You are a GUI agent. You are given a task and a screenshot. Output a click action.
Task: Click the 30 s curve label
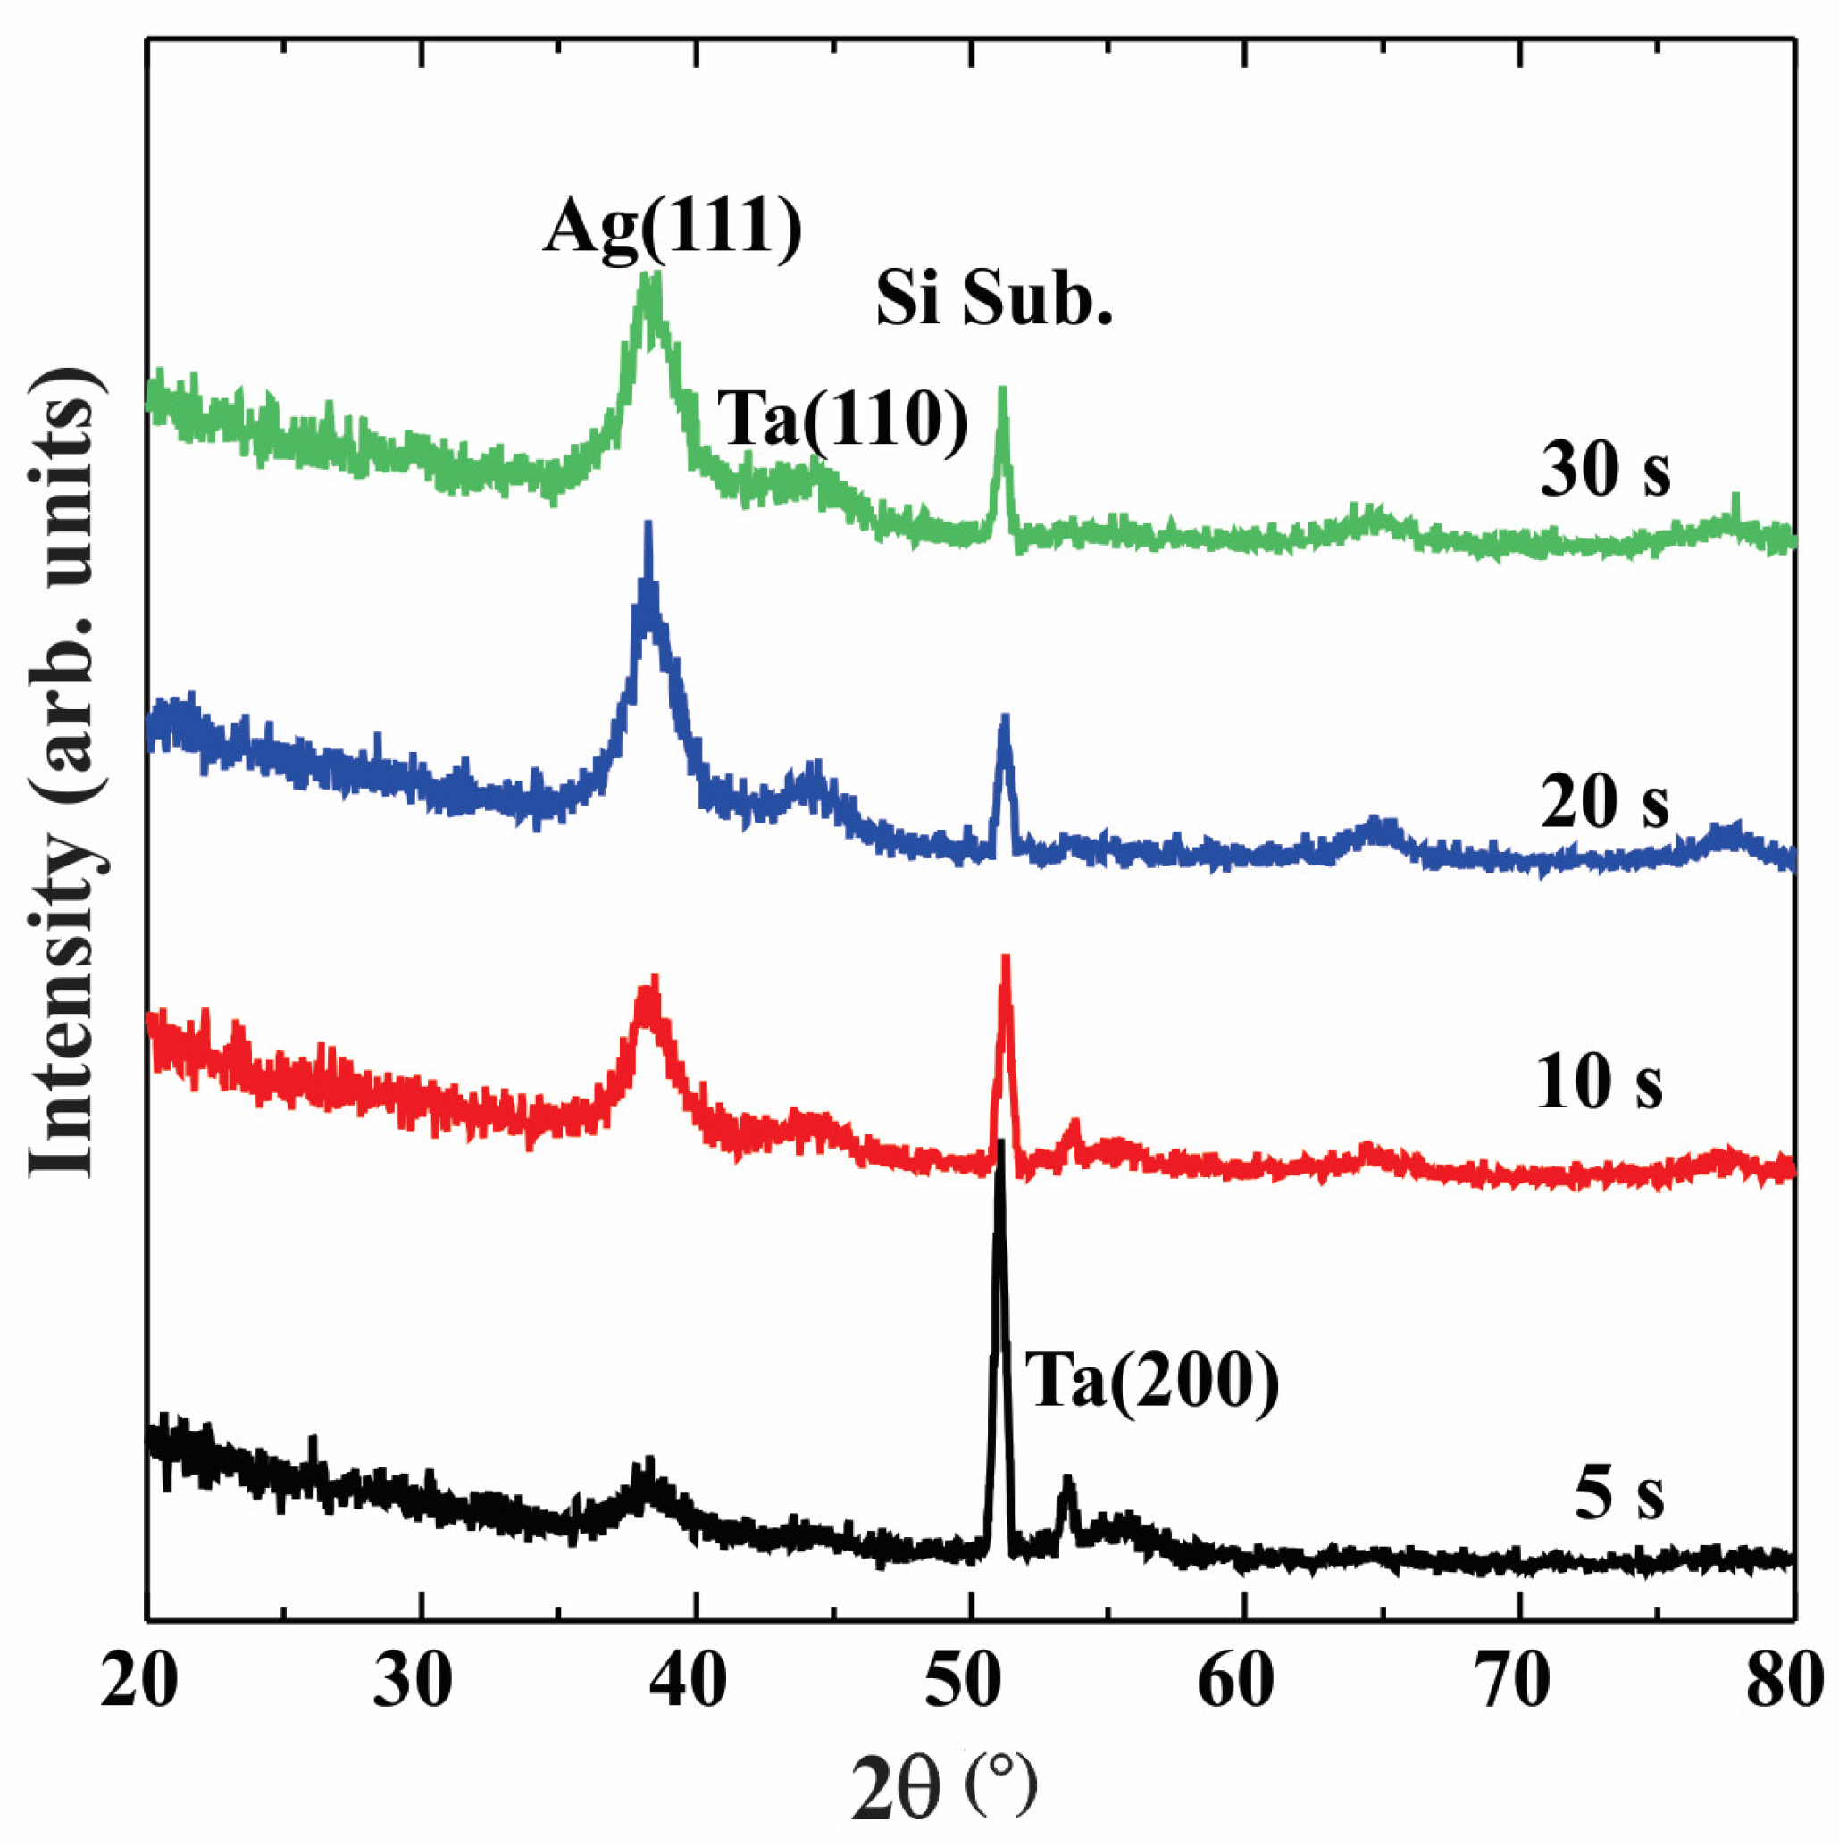pyautogui.click(x=1605, y=471)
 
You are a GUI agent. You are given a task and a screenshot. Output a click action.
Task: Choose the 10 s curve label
pyautogui.click(x=1599, y=1083)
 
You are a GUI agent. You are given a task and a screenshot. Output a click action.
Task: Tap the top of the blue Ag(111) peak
pyautogui.click(x=648, y=524)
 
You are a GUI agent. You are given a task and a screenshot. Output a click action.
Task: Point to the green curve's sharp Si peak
pyautogui.click(x=1002, y=389)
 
